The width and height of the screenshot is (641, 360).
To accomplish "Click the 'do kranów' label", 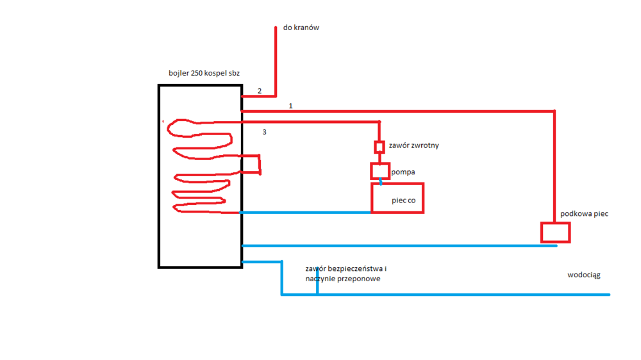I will coord(301,28).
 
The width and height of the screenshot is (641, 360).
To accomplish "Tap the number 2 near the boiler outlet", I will coord(260,91).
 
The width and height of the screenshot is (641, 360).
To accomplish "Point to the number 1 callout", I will coord(290,106).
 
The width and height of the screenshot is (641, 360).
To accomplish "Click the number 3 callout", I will coord(264,133).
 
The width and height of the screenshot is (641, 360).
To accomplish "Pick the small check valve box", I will coord(379,147).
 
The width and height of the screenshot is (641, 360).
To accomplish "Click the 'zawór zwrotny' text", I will coord(413,146).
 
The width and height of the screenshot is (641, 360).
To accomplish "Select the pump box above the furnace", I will coord(379,171).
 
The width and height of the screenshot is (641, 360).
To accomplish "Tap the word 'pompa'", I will coord(403,172).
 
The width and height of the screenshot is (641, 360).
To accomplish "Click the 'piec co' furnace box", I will coord(397,198).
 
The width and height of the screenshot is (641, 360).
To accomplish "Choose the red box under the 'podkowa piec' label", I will coord(555,233).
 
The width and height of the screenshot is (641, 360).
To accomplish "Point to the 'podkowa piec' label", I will coord(584,214).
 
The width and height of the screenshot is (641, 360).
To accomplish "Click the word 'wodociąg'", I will coord(583,275).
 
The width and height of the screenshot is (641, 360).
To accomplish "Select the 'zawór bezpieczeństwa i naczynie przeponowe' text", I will coord(346,274).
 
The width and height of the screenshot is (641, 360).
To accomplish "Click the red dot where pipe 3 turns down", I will coord(379,122).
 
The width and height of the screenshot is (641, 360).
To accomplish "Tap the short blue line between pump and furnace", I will coord(381,183).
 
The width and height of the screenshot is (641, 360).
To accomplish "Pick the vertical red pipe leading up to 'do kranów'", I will coord(276,61).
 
